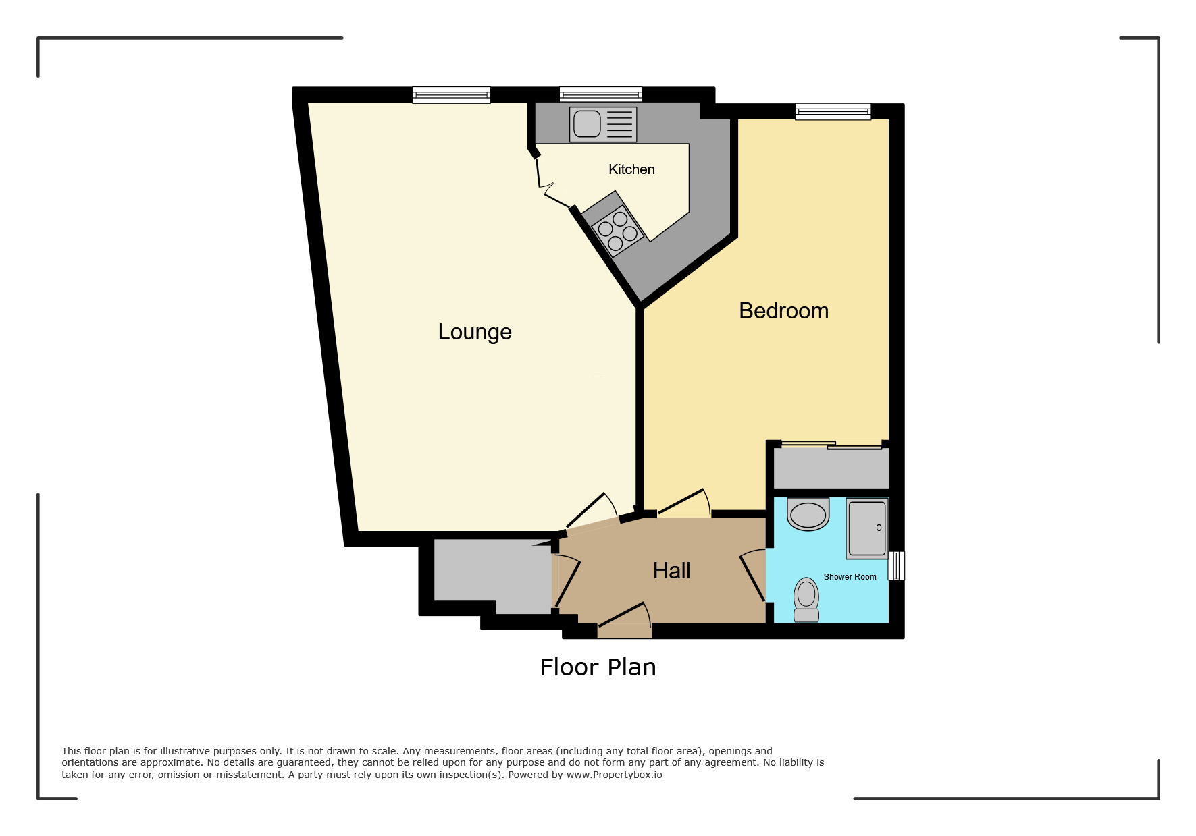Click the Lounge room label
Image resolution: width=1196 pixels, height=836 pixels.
tap(475, 332)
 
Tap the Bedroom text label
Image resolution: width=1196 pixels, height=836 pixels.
tap(783, 311)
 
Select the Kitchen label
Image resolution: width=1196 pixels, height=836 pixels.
tap(631, 169)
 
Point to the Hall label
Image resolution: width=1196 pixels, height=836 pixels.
tap(671, 571)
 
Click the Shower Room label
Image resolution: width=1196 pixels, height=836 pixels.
tap(850, 577)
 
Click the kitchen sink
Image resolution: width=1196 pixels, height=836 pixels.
tap(588, 124)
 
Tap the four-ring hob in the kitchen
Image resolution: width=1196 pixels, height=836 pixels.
tap(617, 231)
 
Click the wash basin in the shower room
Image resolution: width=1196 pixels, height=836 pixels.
tap(808, 515)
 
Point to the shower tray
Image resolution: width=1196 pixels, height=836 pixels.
tap(867, 529)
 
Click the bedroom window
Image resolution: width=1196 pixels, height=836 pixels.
tap(833, 111)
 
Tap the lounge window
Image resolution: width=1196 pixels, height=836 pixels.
tap(451, 95)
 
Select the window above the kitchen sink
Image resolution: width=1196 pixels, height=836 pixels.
tap(600, 94)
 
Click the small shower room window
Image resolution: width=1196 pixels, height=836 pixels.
tap(896, 565)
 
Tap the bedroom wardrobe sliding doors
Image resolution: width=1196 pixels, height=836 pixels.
tap(831, 445)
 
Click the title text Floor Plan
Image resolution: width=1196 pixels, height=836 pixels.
tap(598, 667)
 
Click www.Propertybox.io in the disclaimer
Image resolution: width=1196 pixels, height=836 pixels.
tap(614, 775)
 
